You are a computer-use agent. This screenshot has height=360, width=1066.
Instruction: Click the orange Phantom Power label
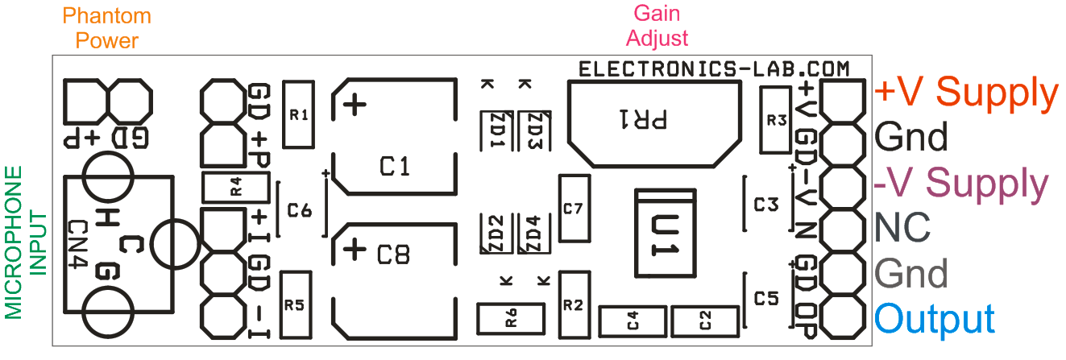[x=106, y=28]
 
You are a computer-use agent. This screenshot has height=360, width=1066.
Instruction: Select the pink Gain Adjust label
[x=657, y=26]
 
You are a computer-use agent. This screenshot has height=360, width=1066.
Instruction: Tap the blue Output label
[x=934, y=320]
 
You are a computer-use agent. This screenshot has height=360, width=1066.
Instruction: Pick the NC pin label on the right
[x=902, y=228]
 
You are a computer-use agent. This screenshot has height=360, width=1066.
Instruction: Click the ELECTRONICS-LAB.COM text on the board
[x=714, y=69]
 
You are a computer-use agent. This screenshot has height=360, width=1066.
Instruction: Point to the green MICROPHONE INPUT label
[x=25, y=242]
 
